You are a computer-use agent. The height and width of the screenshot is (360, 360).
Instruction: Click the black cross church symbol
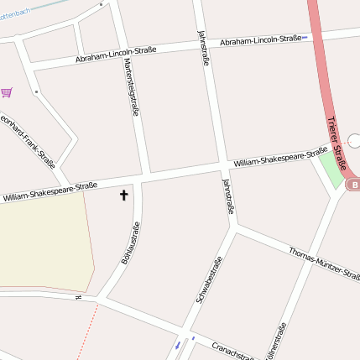tap(124, 196)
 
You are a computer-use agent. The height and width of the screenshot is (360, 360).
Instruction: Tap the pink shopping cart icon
tap(7, 92)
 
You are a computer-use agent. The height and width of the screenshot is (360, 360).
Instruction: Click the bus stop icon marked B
tap(354, 185)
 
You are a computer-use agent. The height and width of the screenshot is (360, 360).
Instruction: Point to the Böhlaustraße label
tap(130, 243)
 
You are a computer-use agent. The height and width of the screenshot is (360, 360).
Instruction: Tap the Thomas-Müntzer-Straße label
tap(324, 263)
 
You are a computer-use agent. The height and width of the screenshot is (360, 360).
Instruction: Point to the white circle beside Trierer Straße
tap(354, 141)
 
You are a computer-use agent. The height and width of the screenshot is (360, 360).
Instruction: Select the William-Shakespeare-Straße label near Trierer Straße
tap(280, 156)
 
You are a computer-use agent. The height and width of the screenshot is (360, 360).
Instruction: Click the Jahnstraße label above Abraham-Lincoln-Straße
tap(203, 47)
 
